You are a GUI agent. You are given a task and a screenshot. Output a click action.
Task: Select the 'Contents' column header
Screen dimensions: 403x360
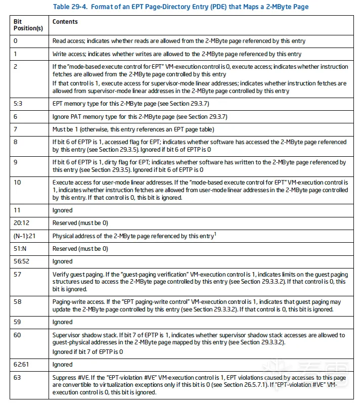coord(65,22)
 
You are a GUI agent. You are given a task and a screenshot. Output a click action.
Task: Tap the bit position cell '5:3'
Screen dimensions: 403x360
coord(19,104)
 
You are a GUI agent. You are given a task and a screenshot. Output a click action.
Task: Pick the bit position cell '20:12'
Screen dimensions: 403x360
coord(21,223)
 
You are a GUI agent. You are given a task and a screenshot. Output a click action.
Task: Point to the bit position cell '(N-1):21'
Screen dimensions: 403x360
coord(24,236)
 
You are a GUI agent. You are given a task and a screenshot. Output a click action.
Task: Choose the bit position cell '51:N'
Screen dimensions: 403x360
coord(20,249)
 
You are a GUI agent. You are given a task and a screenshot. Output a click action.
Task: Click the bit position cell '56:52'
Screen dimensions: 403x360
coord(21,261)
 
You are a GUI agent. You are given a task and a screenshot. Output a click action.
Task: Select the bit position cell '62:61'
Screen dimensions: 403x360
coord(21,364)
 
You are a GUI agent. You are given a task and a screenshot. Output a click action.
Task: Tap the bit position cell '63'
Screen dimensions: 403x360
coord(17,377)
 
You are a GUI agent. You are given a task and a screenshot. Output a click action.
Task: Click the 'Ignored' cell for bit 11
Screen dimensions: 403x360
coord(63,210)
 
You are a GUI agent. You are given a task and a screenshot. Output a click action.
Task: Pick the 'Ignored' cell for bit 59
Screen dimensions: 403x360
coord(63,322)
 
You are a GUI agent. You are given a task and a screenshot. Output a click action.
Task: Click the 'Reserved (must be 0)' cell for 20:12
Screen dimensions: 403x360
coord(80,223)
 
